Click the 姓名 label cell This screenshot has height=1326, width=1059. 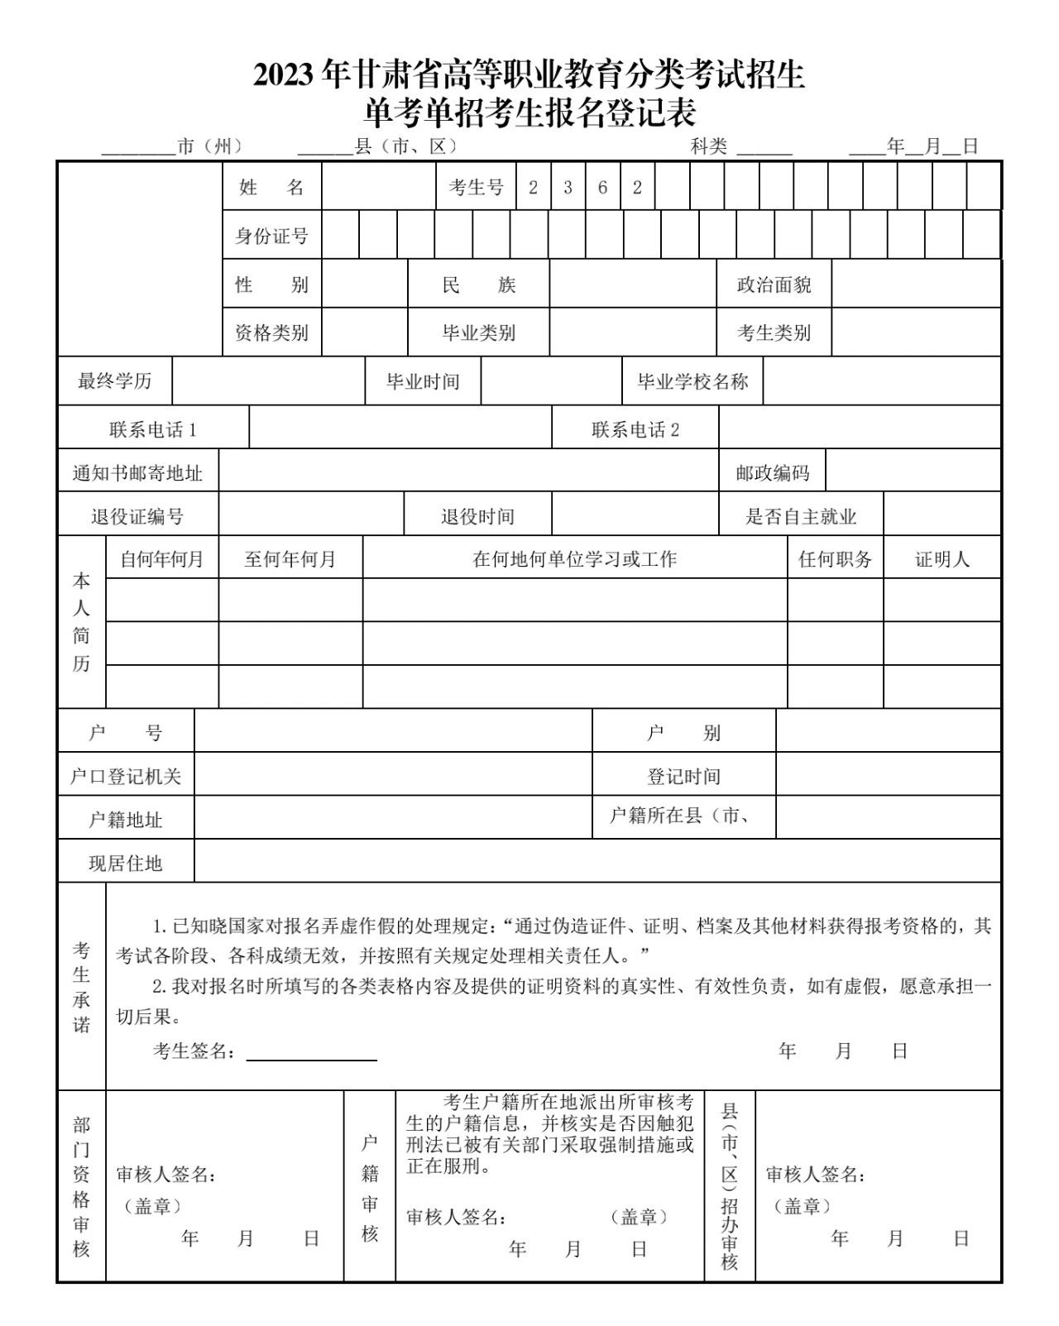(271, 188)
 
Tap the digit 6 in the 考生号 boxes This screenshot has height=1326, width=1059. (602, 188)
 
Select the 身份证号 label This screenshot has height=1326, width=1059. (271, 237)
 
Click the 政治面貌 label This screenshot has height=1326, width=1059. (774, 285)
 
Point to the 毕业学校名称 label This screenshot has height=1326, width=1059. (692, 381)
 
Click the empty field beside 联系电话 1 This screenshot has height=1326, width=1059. (400, 429)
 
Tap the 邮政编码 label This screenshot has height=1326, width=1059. (772, 473)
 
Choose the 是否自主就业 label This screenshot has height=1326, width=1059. (800, 517)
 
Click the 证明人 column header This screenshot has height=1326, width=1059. (942, 559)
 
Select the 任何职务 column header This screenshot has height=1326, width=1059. (835, 559)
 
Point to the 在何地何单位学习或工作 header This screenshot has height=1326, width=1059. (574, 559)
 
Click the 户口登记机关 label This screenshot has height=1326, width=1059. (125, 776)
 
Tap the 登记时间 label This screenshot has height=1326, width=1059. (683, 776)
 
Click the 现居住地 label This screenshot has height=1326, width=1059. (125, 864)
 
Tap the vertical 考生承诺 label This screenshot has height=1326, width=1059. (81, 987)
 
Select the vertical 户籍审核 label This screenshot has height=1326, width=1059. (370, 1188)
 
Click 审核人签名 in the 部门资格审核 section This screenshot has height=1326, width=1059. (165, 1175)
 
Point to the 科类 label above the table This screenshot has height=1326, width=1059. (709, 147)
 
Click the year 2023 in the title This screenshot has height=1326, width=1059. (284, 75)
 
